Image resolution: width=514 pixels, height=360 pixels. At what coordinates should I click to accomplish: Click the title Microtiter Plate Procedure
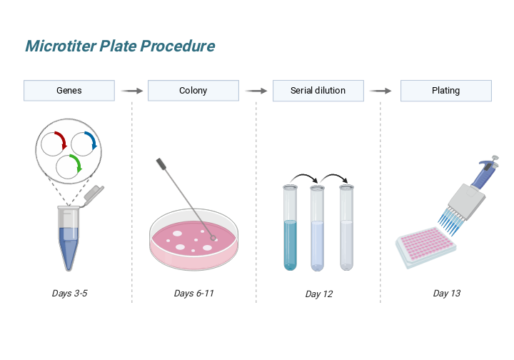pyautogui.click(x=120, y=46)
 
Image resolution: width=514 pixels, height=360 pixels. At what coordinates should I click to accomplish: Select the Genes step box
pyautogui.click(x=69, y=91)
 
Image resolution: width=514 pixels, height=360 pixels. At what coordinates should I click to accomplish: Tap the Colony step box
pyautogui.click(x=193, y=91)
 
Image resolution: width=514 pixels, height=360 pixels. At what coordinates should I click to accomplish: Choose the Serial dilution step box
pyautogui.click(x=318, y=91)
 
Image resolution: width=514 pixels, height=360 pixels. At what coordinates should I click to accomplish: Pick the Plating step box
pyautogui.click(x=445, y=91)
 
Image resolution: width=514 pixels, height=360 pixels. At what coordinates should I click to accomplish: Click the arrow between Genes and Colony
pyautogui.click(x=131, y=91)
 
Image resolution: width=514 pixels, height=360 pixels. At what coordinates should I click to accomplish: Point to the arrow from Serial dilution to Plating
pyautogui.click(x=381, y=91)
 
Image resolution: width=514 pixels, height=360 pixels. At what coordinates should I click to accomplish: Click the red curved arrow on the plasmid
pyautogui.click(x=60, y=138)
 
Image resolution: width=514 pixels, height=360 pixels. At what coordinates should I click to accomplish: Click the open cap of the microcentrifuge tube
pyautogui.click(x=94, y=192)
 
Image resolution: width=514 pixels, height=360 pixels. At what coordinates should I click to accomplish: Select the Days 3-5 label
pyautogui.click(x=69, y=293)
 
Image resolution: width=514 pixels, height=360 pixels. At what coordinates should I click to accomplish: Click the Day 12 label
pyautogui.click(x=318, y=294)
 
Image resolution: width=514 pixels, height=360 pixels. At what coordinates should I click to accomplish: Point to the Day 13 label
pyautogui.click(x=446, y=293)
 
